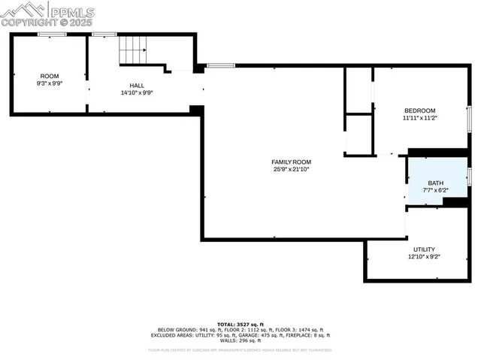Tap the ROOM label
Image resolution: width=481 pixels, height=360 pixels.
[50, 76]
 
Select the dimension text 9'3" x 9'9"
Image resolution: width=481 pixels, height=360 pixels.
[50, 83]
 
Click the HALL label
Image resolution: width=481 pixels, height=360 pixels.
[137, 86]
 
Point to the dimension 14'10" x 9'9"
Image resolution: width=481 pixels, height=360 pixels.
[137, 93]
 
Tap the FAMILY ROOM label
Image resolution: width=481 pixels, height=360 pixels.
[291, 162]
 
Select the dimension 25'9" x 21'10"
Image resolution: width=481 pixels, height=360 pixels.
[291, 170]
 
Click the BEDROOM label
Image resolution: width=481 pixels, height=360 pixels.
[419, 110]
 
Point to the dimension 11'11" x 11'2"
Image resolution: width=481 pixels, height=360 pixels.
[419, 118]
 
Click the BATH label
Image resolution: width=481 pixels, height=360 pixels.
[436, 183]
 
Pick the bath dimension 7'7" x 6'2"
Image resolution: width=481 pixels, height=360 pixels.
[436, 191]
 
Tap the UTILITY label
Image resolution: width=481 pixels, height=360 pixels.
[424, 250]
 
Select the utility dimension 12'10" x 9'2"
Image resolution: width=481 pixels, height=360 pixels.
[424, 257]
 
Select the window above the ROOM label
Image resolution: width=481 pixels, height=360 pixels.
[50, 34]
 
